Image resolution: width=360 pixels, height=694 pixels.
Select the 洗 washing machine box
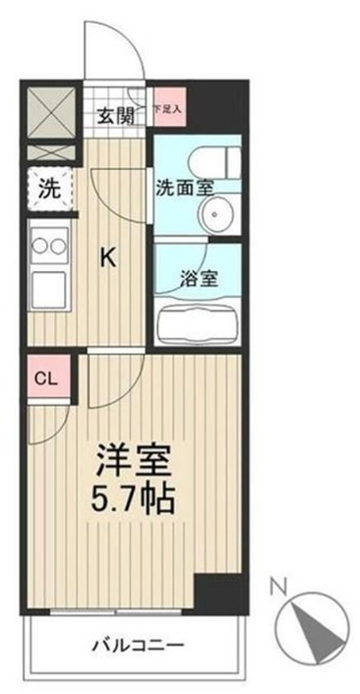[47, 188]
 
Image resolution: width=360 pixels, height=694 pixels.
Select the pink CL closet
[46, 377]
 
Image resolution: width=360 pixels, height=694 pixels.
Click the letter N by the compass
[277, 589]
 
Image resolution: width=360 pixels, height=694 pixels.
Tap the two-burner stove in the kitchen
[47, 243]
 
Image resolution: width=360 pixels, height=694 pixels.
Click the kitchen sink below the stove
[47, 291]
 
